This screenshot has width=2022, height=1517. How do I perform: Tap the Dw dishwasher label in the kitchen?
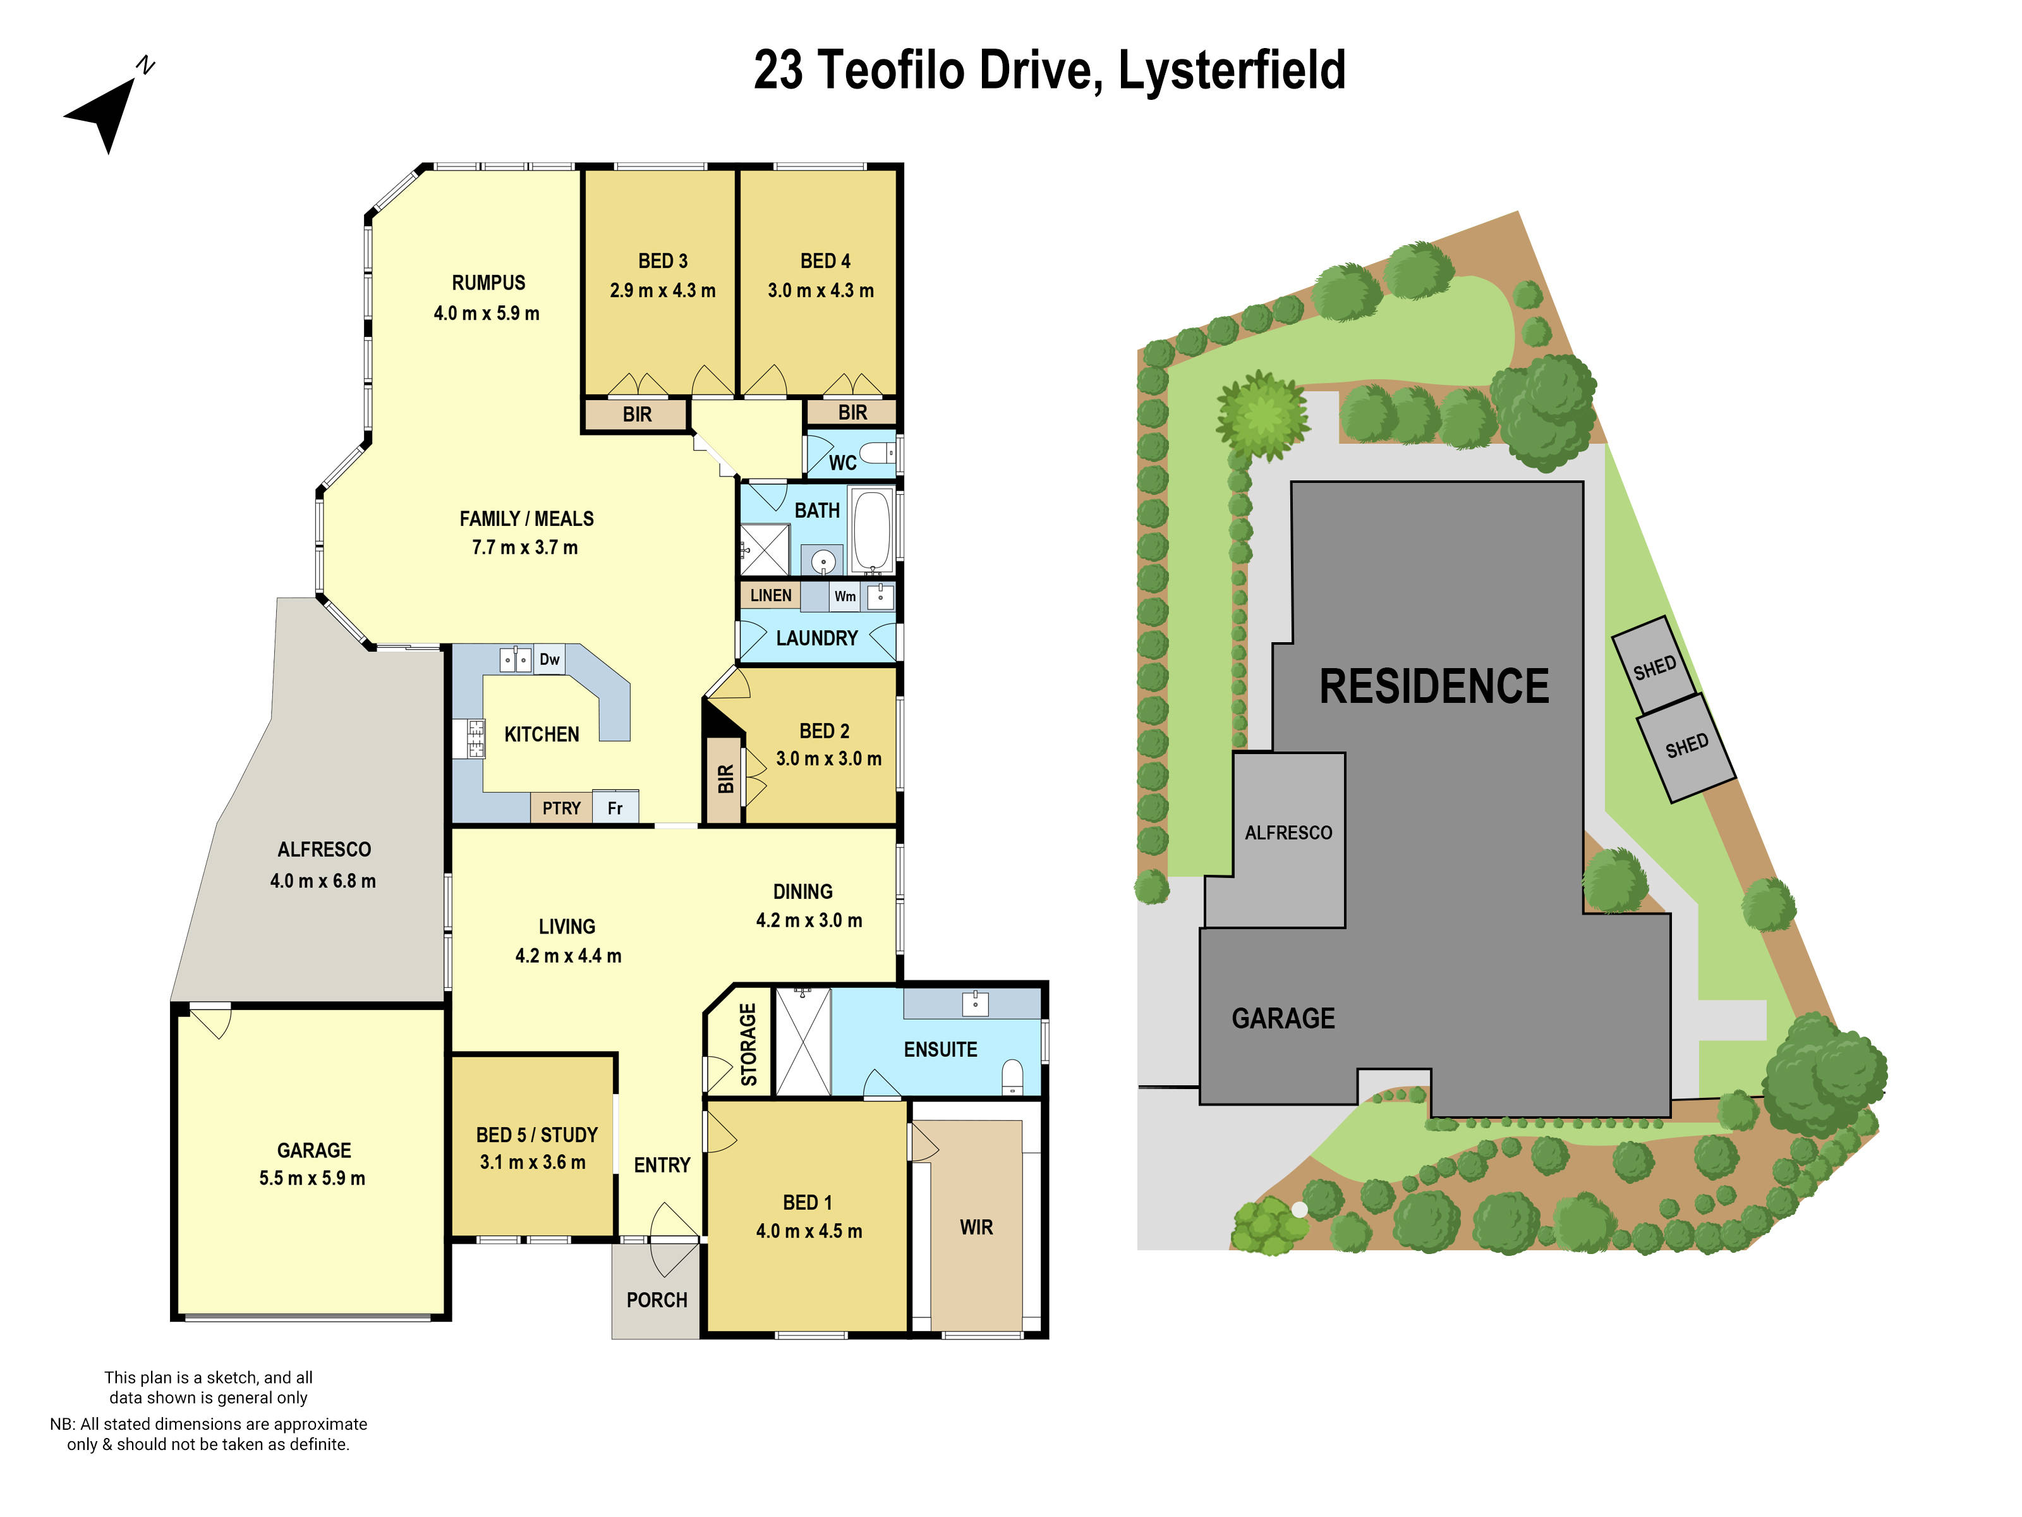pos(549,659)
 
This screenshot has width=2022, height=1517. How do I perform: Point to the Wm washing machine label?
pos(845,596)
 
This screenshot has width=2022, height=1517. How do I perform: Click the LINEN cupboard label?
pos(771,595)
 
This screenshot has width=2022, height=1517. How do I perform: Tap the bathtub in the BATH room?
pos(871,530)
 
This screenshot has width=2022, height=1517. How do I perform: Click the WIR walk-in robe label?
pos(976,1227)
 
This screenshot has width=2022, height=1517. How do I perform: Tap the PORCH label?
pos(657,1300)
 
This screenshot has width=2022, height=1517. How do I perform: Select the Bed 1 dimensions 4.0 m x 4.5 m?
pos(808,1231)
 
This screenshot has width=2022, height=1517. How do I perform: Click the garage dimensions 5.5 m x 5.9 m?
pos(312,1178)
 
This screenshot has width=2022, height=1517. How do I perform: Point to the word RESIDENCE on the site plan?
pos(1433,686)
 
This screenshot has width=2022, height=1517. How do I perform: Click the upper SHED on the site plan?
pos(1654,667)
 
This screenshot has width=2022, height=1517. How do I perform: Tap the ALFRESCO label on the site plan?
pos(1288,832)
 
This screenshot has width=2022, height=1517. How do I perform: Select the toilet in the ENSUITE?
pos(1012,1075)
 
